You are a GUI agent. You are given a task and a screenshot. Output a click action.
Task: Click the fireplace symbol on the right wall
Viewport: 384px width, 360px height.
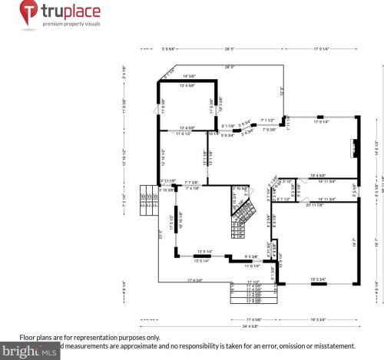point(354,147)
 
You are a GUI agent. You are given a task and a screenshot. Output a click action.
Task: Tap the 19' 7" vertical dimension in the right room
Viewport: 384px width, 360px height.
point(354,242)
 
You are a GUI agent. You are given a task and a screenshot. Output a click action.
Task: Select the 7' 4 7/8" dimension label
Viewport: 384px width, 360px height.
point(192,188)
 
